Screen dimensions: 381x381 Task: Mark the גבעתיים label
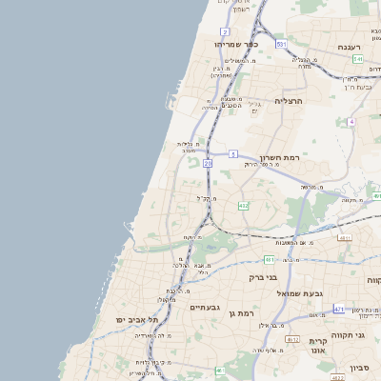(x=205, y=308)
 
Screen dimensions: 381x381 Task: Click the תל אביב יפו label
(x=138, y=319)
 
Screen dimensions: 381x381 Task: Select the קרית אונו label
(x=317, y=345)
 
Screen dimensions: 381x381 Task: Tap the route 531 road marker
(x=281, y=44)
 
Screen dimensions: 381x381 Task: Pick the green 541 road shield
(x=358, y=59)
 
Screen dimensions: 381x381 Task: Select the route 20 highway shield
(x=208, y=164)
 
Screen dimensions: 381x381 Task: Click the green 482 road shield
(x=244, y=205)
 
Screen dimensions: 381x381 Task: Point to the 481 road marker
(x=271, y=259)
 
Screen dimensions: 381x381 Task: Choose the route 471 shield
(x=339, y=310)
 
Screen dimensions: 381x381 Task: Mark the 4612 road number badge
(x=292, y=339)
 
